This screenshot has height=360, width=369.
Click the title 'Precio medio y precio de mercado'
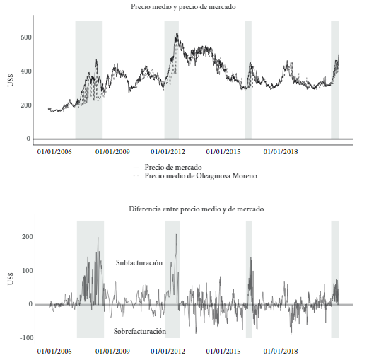click(x=183, y=6)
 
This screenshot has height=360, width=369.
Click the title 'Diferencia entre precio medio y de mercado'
click(x=197, y=209)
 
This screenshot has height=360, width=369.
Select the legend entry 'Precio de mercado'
click(x=173, y=167)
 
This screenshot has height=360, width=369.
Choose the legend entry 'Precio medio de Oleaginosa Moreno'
click(x=201, y=175)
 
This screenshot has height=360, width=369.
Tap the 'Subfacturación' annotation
click(x=139, y=262)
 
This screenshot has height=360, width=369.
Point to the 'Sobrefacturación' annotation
click(x=140, y=331)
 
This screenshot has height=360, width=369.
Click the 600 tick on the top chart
click(x=25, y=37)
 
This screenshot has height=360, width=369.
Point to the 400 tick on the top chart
click(x=25, y=71)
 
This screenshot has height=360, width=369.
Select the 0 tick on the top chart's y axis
click(x=28, y=139)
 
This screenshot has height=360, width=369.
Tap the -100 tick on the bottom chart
click(x=26, y=338)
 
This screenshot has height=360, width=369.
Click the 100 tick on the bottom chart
click(x=28, y=271)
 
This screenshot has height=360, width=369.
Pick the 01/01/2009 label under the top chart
click(x=112, y=151)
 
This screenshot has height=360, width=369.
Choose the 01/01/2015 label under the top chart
click(x=223, y=151)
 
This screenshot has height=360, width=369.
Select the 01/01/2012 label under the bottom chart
click(x=168, y=352)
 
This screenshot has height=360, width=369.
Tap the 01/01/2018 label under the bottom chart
click(x=281, y=352)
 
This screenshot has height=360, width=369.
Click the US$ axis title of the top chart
click(x=11, y=80)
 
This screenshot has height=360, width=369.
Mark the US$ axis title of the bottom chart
click(x=11, y=279)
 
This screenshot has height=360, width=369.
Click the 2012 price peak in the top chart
click(x=177, y=33)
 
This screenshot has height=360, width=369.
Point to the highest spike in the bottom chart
click(x=176, y=234)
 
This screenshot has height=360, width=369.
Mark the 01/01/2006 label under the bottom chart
click(x=54, y=352)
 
